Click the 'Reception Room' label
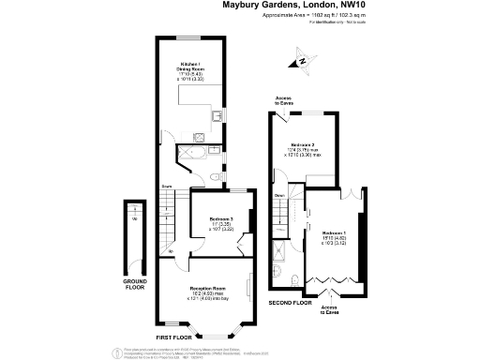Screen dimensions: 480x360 [x=206, y=287]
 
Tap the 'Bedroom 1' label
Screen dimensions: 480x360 [x=334, y=232]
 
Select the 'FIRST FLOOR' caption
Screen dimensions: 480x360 [x=173, y=337]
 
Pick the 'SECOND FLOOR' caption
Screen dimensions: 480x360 [x=290, y=304]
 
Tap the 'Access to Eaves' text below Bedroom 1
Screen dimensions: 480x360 [x=330, y=308]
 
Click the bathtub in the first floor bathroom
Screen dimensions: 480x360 [x=202, y=150]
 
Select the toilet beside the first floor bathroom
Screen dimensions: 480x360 [x=217, y=175]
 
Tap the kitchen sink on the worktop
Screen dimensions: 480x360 [x=215, y=116]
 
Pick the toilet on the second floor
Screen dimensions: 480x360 [x=293, y=278]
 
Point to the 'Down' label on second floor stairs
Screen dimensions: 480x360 [x=279, y=195]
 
